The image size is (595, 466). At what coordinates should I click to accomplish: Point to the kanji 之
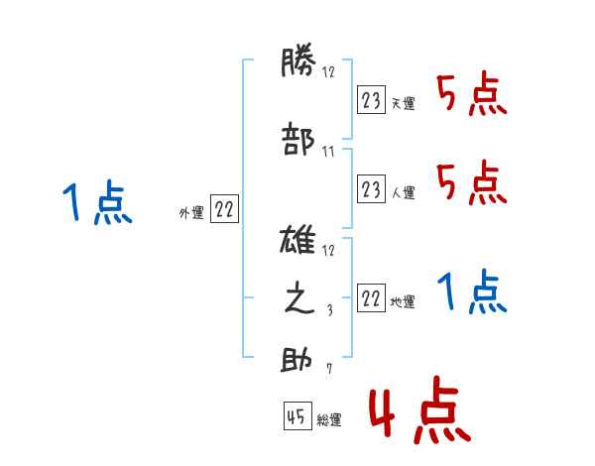(x=297, y=299)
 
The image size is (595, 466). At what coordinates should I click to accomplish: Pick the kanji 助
(x=297, y=360)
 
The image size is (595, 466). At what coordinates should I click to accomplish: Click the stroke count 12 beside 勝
(x=328, y=71)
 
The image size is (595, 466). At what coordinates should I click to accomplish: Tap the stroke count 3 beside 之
(x=328, y=310)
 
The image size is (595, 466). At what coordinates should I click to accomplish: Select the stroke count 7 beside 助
(x=328, y=371)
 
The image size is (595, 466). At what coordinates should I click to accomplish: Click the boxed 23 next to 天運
(x=371, y=100)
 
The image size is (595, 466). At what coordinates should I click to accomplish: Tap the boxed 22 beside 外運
(x=225, y=210)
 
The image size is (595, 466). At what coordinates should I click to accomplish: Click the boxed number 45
(x=296, y=418)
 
